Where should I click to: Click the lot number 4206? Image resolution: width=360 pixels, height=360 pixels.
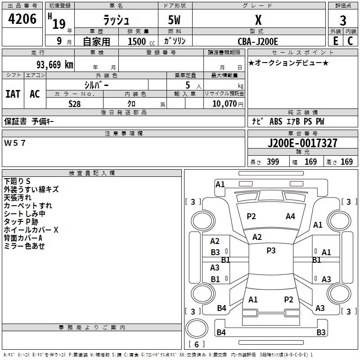(x=22, y=19)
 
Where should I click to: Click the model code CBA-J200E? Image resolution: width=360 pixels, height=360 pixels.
(x=258, y=41)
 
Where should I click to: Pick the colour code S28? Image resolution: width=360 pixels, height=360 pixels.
(x=75, y=104)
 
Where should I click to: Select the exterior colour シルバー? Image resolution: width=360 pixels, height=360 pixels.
(x=97, y=85)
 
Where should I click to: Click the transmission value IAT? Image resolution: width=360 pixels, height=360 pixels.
(x=13, y=94)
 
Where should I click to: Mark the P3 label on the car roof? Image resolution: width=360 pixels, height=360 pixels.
(x=271, y=251)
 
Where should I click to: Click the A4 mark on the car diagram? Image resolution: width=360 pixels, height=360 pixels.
(x=290, y=216)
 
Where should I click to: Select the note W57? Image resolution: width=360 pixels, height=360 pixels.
(x=15, y=143)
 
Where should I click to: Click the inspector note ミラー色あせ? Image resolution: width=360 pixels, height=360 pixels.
(x=24, y=246)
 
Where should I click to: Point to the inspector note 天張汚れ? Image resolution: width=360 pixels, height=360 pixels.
(x=18, y=198)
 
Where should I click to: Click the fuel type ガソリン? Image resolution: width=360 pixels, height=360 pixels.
(x=175, y=41)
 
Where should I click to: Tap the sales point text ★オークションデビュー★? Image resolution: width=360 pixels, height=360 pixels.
(x=288, y=63)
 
